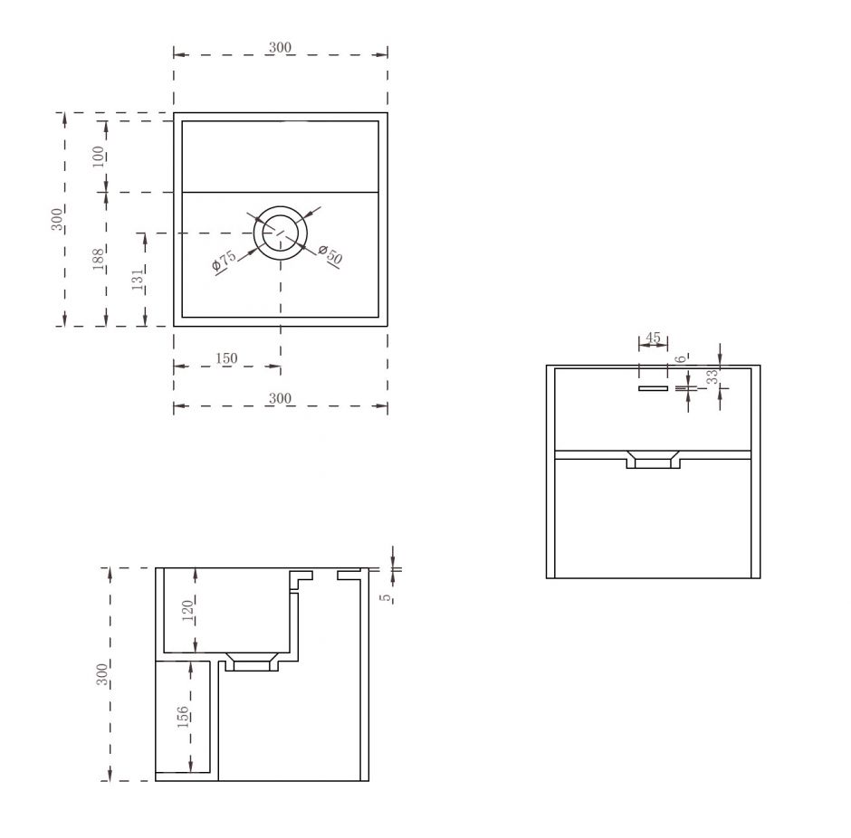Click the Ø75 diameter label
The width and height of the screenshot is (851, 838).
click(224, 261)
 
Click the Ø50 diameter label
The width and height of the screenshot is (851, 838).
click(330, 254)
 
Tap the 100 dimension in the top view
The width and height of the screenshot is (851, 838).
click(99, 157)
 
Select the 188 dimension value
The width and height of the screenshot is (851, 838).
click(99, 259)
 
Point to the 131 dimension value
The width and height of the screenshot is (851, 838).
click(139, 278)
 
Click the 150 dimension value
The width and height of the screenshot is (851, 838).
click(226, 358)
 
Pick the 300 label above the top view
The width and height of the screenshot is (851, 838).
click(280, 47)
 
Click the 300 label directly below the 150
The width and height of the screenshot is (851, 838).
click(280, 398)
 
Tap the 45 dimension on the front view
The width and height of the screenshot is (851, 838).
click(653, 338)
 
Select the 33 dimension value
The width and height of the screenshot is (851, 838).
click(712, 376)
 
